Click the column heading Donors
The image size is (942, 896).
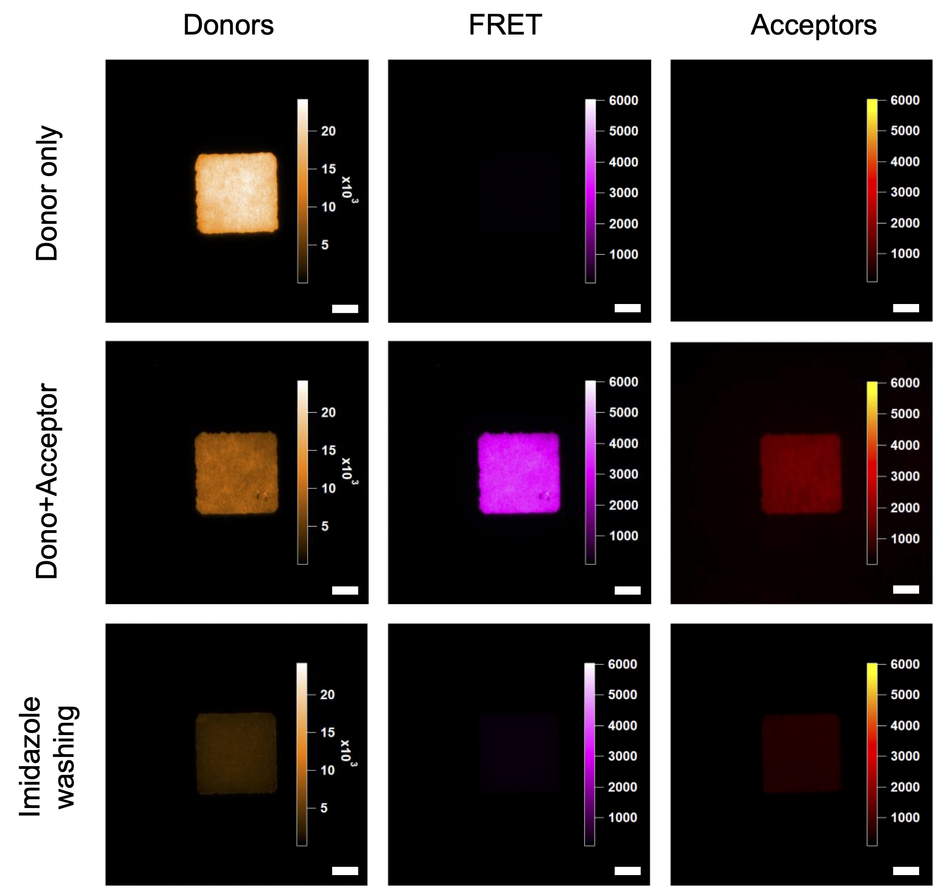tap(228, 25)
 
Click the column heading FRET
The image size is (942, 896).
tap(505, 25)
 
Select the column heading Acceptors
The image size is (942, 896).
tap(813, 25)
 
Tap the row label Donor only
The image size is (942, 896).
tap(47, 193)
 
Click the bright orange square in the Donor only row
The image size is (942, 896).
tap(237, 193)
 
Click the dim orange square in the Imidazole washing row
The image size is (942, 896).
tap(236, 753)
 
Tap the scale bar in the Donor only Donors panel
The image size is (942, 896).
tap(345, 309)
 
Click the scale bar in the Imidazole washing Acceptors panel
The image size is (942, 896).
tap(906, 871)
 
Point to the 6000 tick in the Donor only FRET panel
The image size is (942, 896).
tap(623, 101)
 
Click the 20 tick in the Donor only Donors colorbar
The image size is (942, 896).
tap(328, 131)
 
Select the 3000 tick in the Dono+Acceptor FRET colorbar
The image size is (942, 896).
tap(623, 474)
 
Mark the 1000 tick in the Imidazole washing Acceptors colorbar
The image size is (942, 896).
tap(905, 817)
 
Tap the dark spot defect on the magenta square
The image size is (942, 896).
tap(544, 496)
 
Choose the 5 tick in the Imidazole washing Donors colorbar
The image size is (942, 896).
tap(324, 808)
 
